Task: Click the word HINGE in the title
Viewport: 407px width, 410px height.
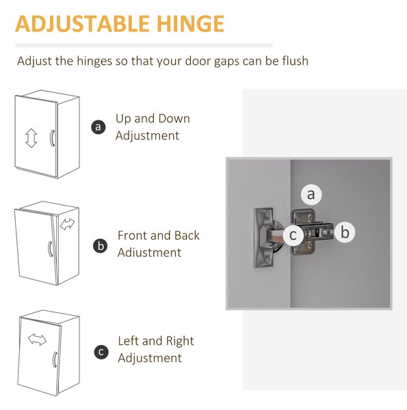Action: click(190, 24)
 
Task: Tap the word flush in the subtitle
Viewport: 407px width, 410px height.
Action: click(296, 61)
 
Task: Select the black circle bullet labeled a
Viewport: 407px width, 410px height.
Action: click(99, 127)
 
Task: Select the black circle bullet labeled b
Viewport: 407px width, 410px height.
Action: click(101, 246)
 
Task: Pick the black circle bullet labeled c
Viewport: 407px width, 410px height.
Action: click(101, 352)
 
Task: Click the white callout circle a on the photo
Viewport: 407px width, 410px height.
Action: click(311, 194)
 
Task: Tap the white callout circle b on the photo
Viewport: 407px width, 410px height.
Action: click(345, 232)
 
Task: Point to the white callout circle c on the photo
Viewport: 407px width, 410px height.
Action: click(293, 235)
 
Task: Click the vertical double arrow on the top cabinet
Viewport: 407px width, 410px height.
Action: click(31, 138)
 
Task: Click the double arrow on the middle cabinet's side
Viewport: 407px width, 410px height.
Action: click(67, 224)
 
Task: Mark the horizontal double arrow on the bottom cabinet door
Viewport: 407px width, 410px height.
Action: click(37, 340)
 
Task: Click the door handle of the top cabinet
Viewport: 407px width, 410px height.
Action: click(51, 138)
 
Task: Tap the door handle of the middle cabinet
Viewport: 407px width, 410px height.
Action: click(50, 249)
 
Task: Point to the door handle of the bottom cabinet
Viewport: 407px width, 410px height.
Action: click(55, 359)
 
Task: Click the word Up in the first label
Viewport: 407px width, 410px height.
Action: click(122, 119)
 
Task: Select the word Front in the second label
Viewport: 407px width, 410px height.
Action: click(133, 235)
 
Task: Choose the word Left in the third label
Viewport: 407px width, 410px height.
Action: click(128, 341)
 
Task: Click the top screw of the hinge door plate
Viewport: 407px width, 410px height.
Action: click(267, 214)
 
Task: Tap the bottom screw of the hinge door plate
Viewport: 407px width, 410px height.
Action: click(267, 260)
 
